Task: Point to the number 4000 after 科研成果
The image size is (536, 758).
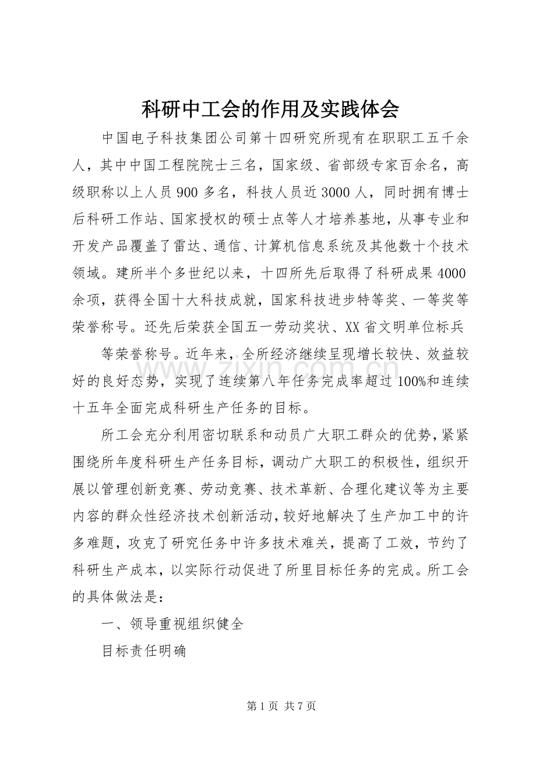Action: [x=451, y=273]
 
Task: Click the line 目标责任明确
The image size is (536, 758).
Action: [x=144, y=650]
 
